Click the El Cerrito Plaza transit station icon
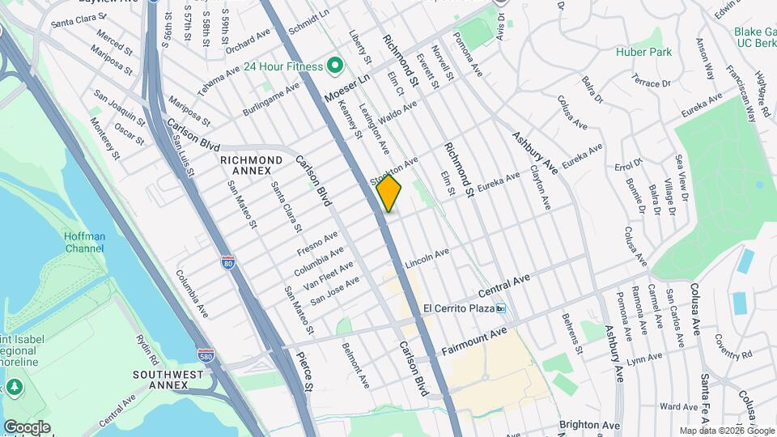[x=501, y=308]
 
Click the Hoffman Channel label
[x=84, y=242]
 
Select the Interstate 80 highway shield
[x=229, y=263]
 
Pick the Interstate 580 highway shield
[x=206, y=355]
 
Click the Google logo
[x=27, y=426]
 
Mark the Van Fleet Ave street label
[x=328, y=276]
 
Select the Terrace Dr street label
[x=652, y=83]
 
